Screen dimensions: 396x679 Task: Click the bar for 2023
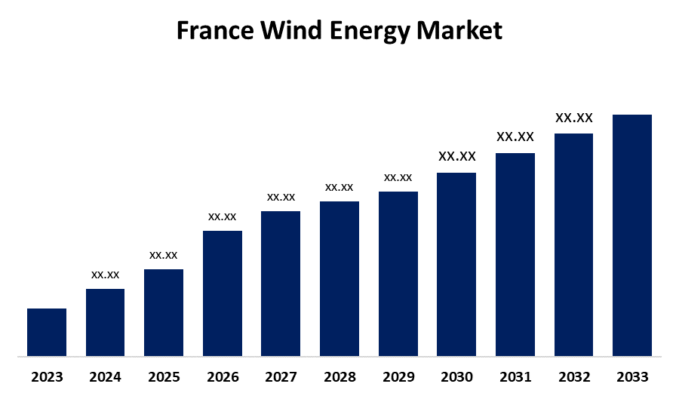point(47,332)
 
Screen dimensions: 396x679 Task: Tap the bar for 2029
point(398,273)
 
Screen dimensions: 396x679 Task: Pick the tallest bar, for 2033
point(632,235)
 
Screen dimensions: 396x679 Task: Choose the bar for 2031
point(515,254)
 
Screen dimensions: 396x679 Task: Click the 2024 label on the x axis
point(106,376)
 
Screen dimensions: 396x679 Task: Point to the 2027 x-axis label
point(281,376)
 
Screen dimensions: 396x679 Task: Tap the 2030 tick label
point(456,376)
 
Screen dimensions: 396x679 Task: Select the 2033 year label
point(632,376)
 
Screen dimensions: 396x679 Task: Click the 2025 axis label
point(164,376)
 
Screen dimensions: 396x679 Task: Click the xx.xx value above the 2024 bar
point(106,275)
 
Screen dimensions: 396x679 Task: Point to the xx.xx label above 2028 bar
point(339,187)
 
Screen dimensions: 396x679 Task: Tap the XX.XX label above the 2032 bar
point(574,118)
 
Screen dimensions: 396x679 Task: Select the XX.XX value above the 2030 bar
point(457,157)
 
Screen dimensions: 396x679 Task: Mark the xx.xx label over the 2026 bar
point(223,216)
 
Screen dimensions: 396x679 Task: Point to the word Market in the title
point(460,31)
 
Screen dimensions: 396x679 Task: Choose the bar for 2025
point(164,312)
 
